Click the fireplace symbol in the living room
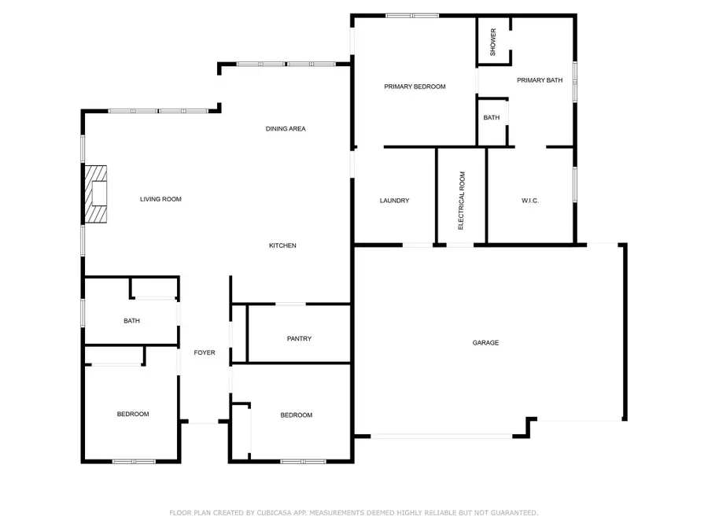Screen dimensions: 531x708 click(96, 194)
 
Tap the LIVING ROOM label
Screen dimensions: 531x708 click(160, 199)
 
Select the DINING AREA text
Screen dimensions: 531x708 click(286, 128)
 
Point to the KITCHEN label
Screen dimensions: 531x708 click(282, 245)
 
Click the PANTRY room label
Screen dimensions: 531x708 click(299, 338)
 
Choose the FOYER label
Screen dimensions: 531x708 click(205, 352)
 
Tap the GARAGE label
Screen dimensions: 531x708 click(485, 342)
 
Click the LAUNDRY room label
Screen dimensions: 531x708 click(394, 201)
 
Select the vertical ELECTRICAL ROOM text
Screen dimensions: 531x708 click(462, 200)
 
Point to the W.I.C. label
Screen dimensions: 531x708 click(529, 201)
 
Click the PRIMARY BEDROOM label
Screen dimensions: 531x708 click(415, 87)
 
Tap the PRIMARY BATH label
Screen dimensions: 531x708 click(540, 80)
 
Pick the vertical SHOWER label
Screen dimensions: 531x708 click(493, 42)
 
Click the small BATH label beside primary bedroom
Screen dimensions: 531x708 click(491, 117)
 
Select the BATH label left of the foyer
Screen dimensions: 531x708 click(131, 320)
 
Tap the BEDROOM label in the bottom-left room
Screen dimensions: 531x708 click(133, 414)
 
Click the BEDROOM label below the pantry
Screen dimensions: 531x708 click(297, 415)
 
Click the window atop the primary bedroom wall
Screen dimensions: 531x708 click(412, 15)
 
